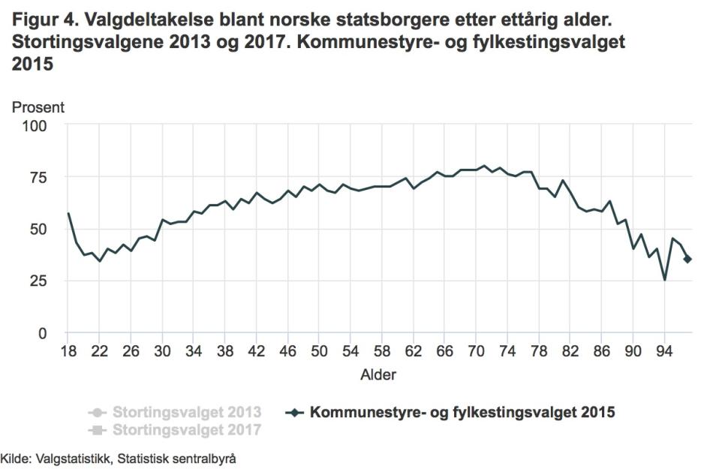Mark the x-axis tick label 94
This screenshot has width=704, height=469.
point(664,351)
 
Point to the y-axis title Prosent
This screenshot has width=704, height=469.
point(38,107)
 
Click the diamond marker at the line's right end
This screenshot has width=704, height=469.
point(687,260)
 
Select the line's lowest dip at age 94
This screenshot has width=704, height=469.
point(664,280)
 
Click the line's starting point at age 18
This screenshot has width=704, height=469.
point(68,213)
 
